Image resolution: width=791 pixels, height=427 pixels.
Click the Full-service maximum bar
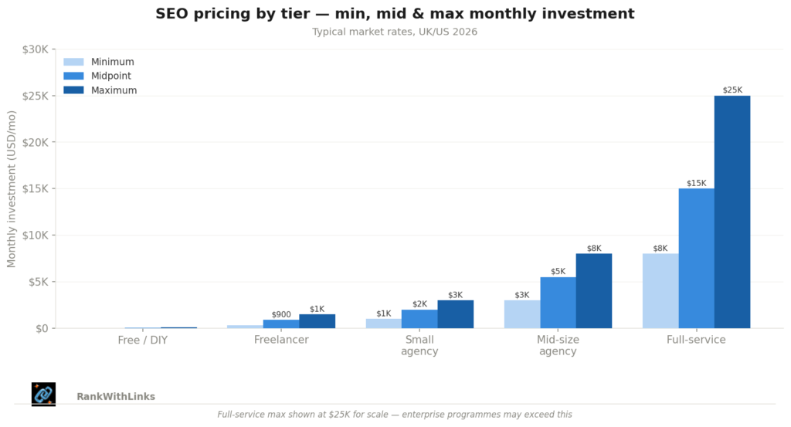pos(732,212)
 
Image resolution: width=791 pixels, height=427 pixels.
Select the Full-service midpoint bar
pos(696,258)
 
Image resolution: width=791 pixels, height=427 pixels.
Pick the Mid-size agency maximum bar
pos(594,290)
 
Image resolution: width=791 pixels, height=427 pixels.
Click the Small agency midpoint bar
pos(419,318)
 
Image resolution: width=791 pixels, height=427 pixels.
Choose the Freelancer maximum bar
pos(317,321)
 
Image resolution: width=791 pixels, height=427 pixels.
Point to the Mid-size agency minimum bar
pos(522,313)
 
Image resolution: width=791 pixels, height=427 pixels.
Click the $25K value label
pos(732,90)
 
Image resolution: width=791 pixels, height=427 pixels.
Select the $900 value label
pos(281,314)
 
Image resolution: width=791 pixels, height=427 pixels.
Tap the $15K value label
pos(696,183)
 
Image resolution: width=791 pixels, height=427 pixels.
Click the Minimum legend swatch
pos(73,62)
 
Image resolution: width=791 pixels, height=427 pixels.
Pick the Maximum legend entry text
pos(114,90)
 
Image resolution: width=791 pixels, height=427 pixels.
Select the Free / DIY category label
pos(142,340)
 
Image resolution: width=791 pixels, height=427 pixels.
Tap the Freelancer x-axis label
pos(281,340)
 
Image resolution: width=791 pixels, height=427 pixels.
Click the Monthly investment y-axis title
pos(12,189)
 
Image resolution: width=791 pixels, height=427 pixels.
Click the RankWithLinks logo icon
pos(43,394)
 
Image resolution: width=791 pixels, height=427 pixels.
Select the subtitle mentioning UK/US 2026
pos(395,32)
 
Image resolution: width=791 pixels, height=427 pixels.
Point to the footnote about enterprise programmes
pos(395,415)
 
